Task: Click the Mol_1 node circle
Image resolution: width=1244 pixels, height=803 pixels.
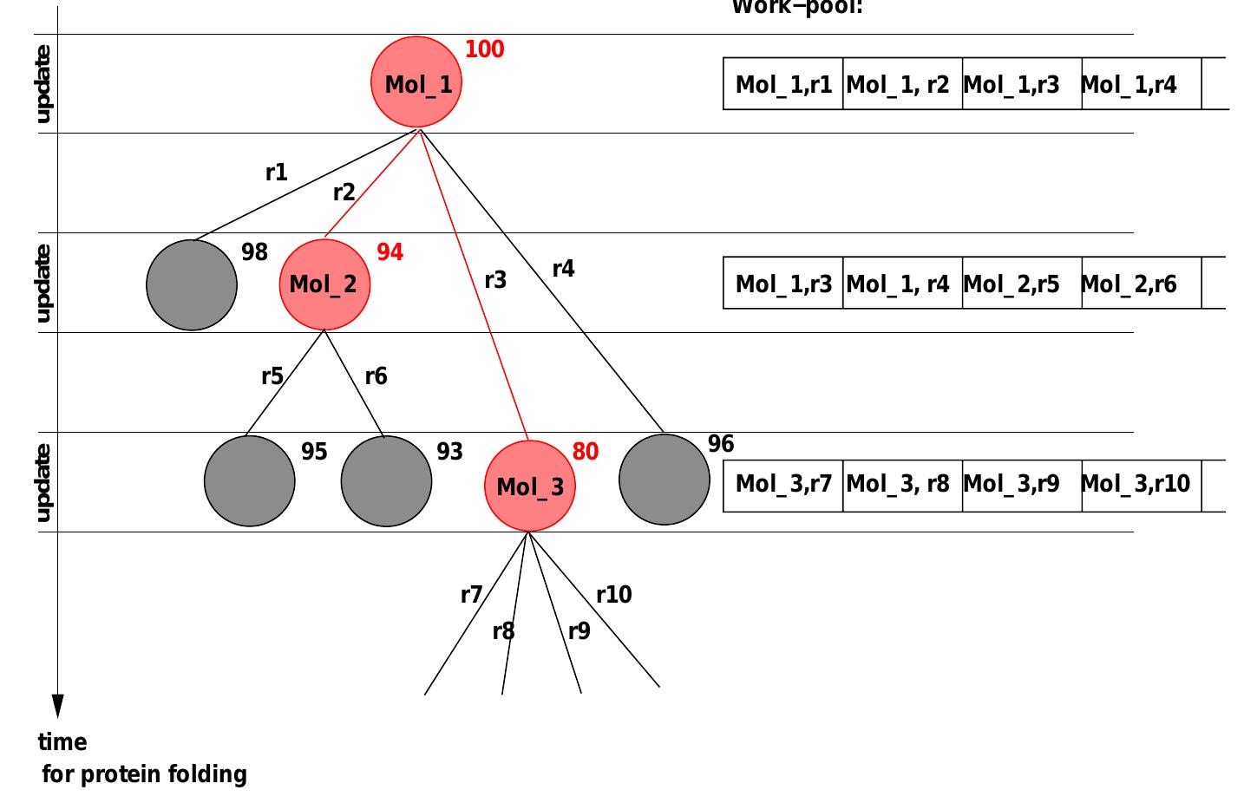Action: [x=416, y=82]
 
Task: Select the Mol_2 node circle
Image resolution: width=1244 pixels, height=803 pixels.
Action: [x=324, y=284]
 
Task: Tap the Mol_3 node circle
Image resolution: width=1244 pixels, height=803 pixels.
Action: [x=529, y=486]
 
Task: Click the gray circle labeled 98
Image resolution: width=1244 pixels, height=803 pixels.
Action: [x=192, y=285]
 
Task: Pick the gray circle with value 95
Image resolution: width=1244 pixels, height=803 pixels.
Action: [x=250, y=481]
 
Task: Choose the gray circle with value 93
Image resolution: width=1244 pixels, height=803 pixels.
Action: [x=386, y=481]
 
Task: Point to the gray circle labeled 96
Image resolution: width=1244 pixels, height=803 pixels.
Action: [x=665, y=480]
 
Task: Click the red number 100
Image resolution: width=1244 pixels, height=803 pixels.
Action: [x=484, y=49]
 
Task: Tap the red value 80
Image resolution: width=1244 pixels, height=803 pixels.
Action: [x=585, y=452]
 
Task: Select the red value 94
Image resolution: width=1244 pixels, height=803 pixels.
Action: [x=390, y=252]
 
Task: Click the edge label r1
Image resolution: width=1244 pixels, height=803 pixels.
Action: [x=276, y=173]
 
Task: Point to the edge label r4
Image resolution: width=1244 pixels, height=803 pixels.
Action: [x=563, y=269]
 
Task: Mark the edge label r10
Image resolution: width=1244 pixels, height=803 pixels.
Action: [x=613, y=595]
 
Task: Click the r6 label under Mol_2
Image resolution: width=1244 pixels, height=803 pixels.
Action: [x=376, y=376]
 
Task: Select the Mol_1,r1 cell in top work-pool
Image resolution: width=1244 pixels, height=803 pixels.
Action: [x=782, y=84]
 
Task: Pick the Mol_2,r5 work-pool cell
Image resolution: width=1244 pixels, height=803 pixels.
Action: [x=1012, y=284]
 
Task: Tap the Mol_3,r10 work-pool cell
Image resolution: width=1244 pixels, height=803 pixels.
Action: [x=1136, y=484]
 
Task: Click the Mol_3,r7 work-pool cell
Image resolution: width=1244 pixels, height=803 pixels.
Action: [x=782, y=484]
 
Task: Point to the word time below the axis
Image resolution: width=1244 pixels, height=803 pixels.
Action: [x=62, y=742]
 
